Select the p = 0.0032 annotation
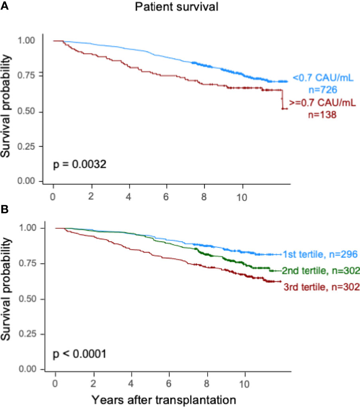(80, 165)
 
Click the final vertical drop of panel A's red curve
(282, 99)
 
